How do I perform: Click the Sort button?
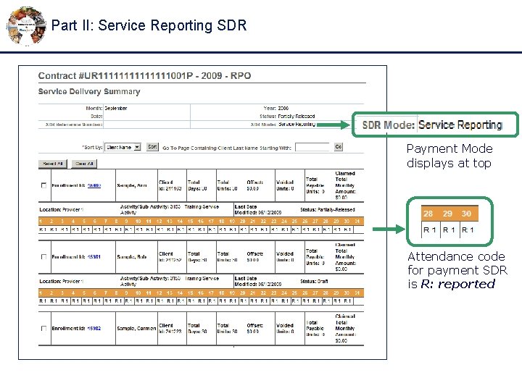pyautogui.click(x=152, y=147)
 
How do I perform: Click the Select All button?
pyautogui.click(x=54, y=164)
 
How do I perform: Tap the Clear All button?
pyautogui.click(x=85, y=164)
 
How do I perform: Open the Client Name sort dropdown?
pyautogui.click(x=123, y=147)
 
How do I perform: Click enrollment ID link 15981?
pyautogui.click(x=94, y=257)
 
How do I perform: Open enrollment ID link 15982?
pyautogui.click(x=94, y=329)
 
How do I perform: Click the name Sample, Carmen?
pyautogui.click(x=136, y=329)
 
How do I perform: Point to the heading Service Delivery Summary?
pyautogui.click(x=89, y=92)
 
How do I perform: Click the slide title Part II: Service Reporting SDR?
pyautogui.click(x=149, y=25)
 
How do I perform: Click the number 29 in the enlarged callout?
pyautogui.click(x=447, y=214)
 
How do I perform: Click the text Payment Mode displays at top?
pyautogui.click(x=449, y=156)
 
